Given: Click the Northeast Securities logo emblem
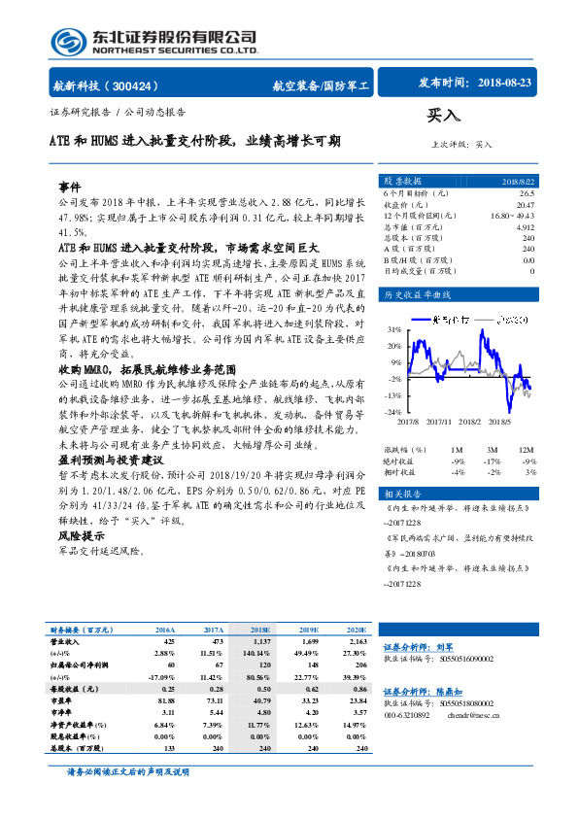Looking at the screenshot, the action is pos(69,42).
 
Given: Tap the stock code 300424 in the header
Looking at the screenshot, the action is pos(144,85).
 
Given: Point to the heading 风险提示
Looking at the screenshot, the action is pos(82,535).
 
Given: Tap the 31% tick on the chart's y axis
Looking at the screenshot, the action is pos(394,329).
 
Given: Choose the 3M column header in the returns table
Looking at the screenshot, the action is pos(494,450).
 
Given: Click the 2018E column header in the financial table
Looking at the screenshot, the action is pos(261,630).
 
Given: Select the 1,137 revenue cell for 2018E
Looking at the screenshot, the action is pos(261,642).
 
